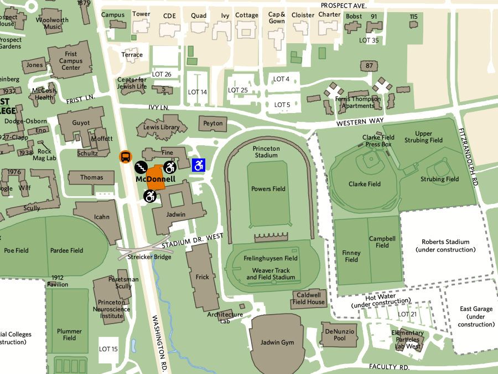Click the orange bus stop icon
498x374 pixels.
tap(126, 157)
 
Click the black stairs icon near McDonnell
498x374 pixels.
tap(141, 166)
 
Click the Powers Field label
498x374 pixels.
tap(268, 189)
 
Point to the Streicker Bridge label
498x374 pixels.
tap(149, 257)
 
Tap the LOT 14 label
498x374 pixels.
tap(198, 92)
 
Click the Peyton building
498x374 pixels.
tap(213, 124)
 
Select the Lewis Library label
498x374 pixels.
tap(161, 127)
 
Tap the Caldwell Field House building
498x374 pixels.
tap(309, 299)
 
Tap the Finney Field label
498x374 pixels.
tap(351, 256)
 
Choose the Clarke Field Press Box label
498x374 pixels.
tap(378, 141)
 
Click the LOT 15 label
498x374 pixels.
tap(108, 349)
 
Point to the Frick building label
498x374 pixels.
tap(203, 276)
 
